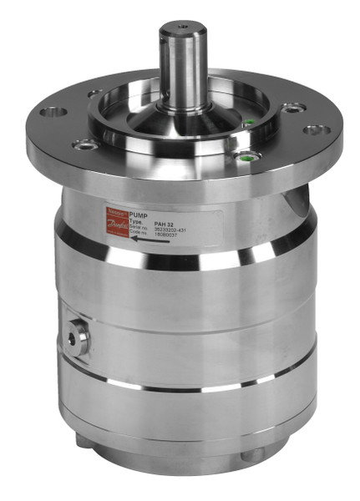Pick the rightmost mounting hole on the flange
pos(314,129)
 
